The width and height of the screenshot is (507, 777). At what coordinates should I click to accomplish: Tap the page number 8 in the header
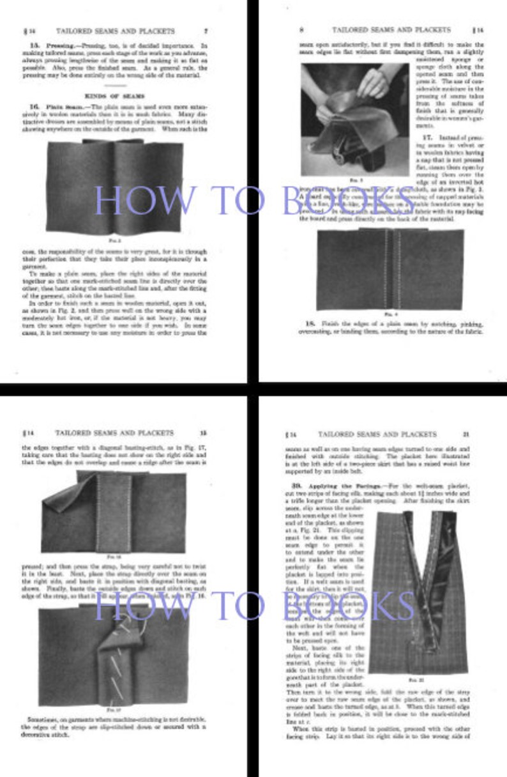tap(301, 30)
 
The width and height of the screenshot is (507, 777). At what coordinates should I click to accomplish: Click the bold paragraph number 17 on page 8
tap(427, 137)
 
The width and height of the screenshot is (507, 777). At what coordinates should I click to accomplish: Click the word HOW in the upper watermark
tap(133, 200)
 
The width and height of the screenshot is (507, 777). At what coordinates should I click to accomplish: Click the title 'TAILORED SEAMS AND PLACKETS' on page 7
tap(115, 31)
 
